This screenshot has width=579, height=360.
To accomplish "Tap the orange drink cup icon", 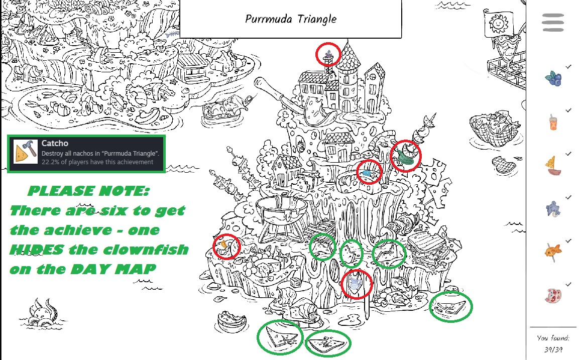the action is click(x=553, y=122).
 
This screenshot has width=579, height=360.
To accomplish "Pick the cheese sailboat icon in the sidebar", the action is click(x=553, y=166).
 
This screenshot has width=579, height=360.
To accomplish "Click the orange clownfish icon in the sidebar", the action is click(x=553, y=252).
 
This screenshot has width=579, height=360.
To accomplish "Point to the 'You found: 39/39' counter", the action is click(x=553, y=343).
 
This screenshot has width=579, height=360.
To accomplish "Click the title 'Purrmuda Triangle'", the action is click(x=291, y=19).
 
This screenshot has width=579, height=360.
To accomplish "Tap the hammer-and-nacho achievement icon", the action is click(x=25, y=152).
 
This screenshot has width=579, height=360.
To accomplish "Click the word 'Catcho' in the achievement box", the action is click(x=55, y=143).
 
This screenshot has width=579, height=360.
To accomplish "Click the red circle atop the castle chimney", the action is click(x=328, y=54).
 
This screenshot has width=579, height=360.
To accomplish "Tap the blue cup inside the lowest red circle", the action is click(x=356, y=284).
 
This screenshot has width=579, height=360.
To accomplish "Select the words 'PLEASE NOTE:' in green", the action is click(x=88, y=191).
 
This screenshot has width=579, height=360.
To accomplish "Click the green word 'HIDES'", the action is click(x=37, y=250).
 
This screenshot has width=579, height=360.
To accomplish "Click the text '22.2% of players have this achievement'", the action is click(x=97, y=162).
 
